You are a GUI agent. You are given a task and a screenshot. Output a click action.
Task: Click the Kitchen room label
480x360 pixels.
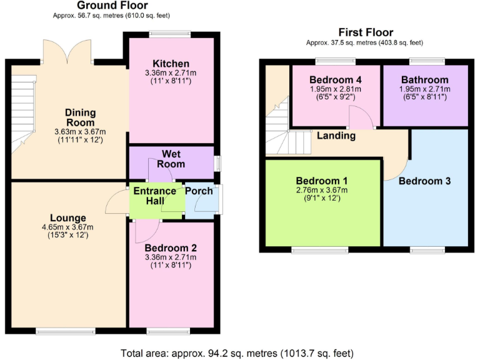171,64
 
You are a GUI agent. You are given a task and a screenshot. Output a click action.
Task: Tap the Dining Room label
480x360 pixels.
81,117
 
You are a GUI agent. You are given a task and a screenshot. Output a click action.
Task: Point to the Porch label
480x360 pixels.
198,191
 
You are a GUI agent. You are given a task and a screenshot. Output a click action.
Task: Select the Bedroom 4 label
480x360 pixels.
335,79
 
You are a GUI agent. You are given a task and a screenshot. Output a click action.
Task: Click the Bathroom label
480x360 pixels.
424,79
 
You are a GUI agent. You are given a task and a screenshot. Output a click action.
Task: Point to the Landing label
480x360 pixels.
336,136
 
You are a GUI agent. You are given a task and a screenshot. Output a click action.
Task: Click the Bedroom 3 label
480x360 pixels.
424,181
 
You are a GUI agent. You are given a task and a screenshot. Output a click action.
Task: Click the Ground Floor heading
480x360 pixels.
112,6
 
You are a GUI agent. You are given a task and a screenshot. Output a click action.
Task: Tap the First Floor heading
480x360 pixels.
366,32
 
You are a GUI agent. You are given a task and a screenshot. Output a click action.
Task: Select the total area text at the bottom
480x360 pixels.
239,352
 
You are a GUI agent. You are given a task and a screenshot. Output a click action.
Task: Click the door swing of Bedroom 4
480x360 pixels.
360,117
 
